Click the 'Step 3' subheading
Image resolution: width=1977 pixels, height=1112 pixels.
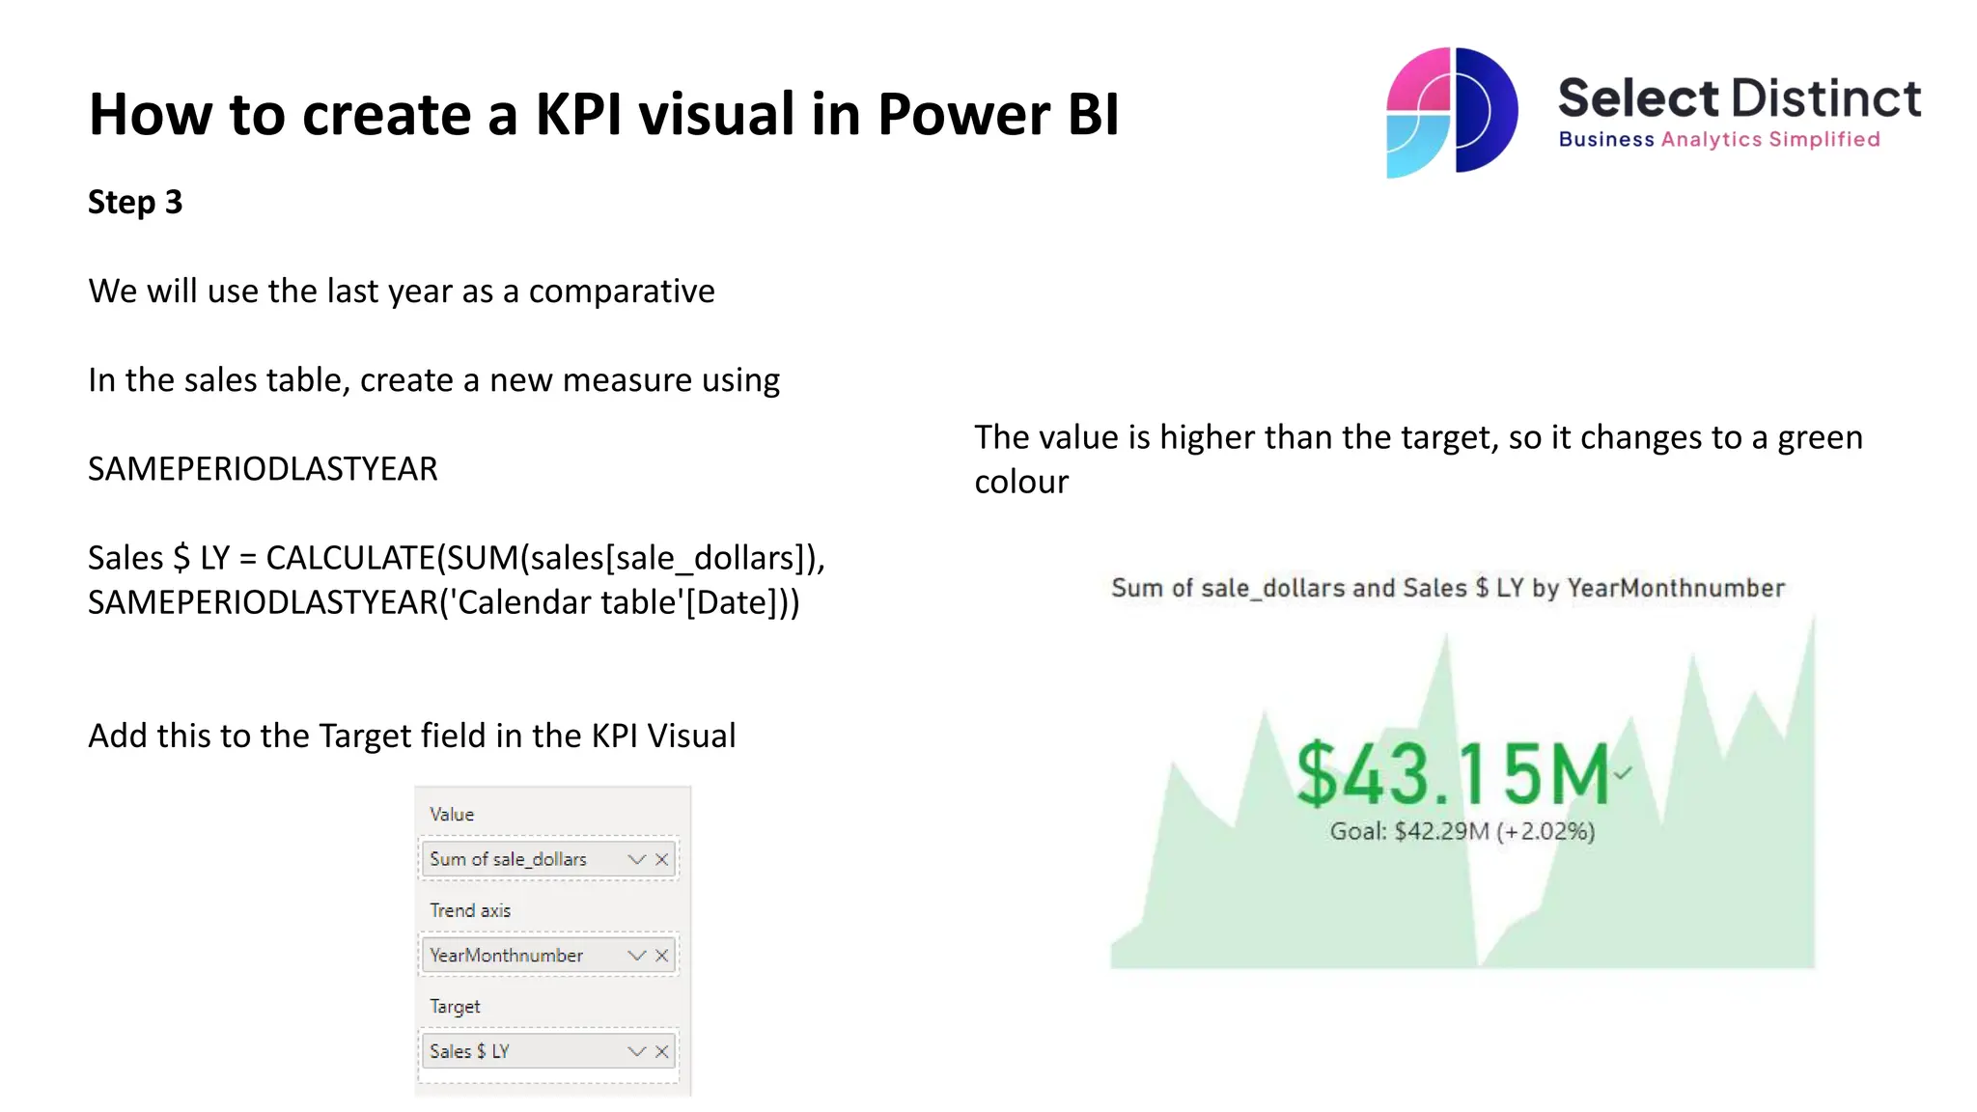[135, 203]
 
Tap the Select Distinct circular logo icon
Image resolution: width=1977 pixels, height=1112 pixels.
[1451, 112]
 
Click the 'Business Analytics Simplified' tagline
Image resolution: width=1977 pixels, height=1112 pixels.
[1718, 140]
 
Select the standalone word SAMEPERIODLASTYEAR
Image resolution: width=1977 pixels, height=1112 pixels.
[263, 469]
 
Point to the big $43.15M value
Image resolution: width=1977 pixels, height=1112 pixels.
[1452, 774]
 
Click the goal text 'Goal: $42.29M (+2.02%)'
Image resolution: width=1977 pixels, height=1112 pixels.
[1462, 831]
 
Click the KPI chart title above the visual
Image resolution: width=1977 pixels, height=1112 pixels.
[1447, 588]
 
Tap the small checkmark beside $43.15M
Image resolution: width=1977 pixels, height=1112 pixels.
[1623, 772]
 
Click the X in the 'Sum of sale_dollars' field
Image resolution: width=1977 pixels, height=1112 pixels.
[662, 859]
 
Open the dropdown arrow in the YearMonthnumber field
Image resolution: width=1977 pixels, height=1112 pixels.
[636, 956]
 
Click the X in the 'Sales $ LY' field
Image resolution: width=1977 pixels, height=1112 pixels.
[662, 1051]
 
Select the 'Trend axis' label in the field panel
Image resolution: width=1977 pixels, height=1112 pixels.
[470, 910]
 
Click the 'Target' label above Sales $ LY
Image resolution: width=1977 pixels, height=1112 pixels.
[455, 1006]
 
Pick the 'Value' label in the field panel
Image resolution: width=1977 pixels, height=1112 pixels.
[452, 815]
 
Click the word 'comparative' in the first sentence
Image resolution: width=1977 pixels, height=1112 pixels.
[622, 292]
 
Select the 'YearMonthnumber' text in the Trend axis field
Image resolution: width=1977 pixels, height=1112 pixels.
[506, 956]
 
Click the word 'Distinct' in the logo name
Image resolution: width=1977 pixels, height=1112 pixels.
[1825, 98]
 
